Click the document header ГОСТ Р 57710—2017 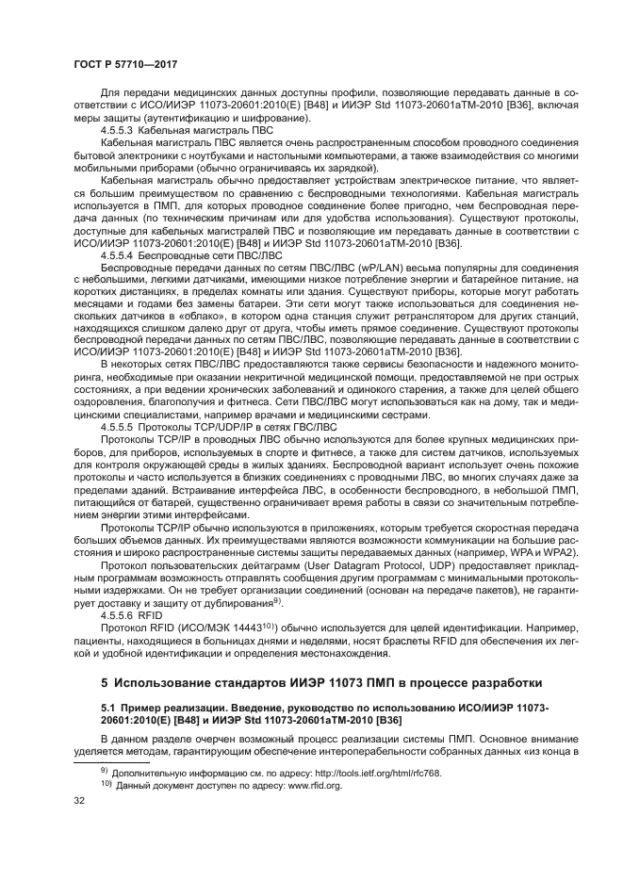click(x=127, y=62)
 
